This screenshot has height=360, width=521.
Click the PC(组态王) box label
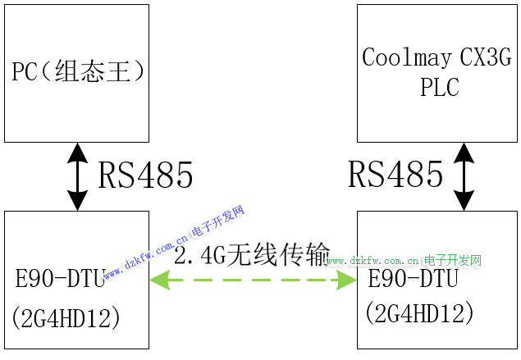[x=78, y=71]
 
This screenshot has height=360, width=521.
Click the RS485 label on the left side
[x=146, y=175]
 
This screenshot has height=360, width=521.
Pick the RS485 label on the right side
[x=395, y=174]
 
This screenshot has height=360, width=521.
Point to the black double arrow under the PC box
[x=77, y=176]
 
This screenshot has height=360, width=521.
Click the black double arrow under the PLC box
[x=465, y=176]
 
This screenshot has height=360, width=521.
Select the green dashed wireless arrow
[x=253, y=280]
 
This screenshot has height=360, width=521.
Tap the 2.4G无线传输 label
[x=253, y=253]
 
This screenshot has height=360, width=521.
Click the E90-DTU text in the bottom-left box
[x=61, y=278]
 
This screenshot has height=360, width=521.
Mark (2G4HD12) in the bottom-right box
[x=419, y=312]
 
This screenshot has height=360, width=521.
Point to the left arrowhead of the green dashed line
[x=158, y=280]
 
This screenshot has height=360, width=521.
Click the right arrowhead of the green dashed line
[x=349, y=280]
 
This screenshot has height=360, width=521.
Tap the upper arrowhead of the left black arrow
[x=77, y=151]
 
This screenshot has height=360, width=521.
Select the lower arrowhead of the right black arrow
[x=465, y=202]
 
